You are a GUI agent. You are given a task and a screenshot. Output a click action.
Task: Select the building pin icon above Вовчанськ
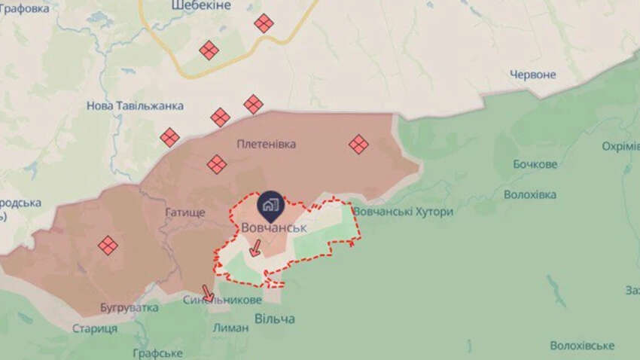point(270,204)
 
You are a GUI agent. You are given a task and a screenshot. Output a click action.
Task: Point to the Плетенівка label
point(266,143)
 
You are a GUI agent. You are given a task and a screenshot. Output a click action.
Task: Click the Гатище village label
point(184,213)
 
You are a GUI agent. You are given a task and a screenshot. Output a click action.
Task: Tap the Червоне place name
point(532,75)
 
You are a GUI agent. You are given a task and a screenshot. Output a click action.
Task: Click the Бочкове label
point(535,164)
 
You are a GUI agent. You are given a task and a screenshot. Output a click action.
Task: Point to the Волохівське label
point(582,346)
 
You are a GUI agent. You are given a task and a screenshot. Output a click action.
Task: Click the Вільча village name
point(274,319)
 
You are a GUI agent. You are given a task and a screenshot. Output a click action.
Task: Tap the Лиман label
point(230,328)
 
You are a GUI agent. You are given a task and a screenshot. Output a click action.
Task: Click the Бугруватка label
point(129,308)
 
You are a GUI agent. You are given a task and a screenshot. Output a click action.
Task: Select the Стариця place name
point(95,328)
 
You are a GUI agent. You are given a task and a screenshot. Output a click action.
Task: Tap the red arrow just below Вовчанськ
point(255,247)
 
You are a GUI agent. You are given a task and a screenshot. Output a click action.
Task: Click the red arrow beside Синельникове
point(208,292)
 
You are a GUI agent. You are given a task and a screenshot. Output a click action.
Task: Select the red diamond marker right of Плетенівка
point(358,144)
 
